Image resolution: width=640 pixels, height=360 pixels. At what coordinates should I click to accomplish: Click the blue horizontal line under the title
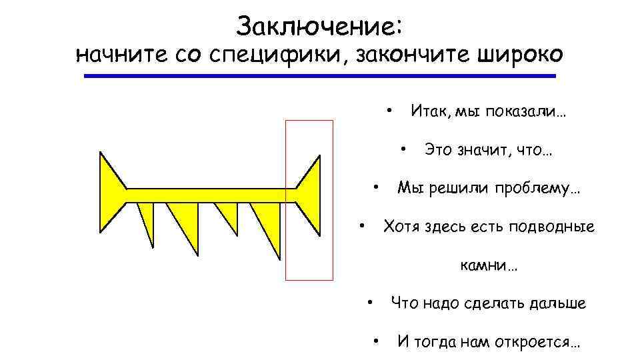tap(319, 77)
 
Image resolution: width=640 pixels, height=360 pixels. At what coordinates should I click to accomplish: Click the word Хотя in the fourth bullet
tap(403, 227)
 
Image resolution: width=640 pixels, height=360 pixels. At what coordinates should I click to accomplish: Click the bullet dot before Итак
tap(389, 107)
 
